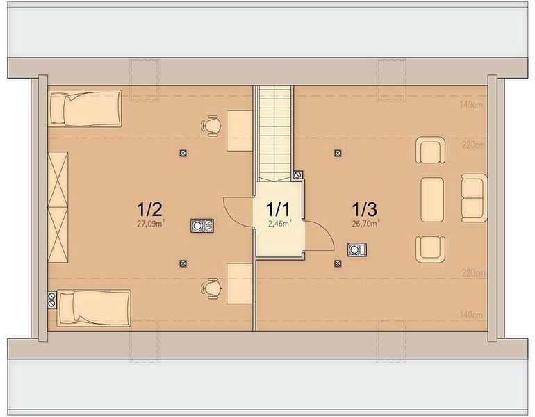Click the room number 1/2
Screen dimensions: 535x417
pos(149,209)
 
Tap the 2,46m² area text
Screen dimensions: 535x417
pos(279,224)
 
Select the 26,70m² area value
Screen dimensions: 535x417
pos(365,224)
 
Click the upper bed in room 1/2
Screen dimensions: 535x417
pos(85,108)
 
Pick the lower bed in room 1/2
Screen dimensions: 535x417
pos(94,308)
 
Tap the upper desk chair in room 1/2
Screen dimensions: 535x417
pos(211,126)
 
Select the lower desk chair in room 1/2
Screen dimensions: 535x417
pos(211,288)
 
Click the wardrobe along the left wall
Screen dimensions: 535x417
pos(58,207)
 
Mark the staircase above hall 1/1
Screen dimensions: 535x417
pos(274,133)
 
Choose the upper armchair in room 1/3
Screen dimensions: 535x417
pos(430,151)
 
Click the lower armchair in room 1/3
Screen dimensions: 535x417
pos(430,249)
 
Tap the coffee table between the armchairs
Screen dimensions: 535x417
pos(432,199)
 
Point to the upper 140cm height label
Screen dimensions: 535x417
pos(471,105)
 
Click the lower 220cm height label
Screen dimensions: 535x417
pos(473,273)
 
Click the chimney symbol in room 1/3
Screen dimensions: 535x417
pos(357,250)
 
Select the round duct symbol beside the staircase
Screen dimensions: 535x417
pos(298,175)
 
